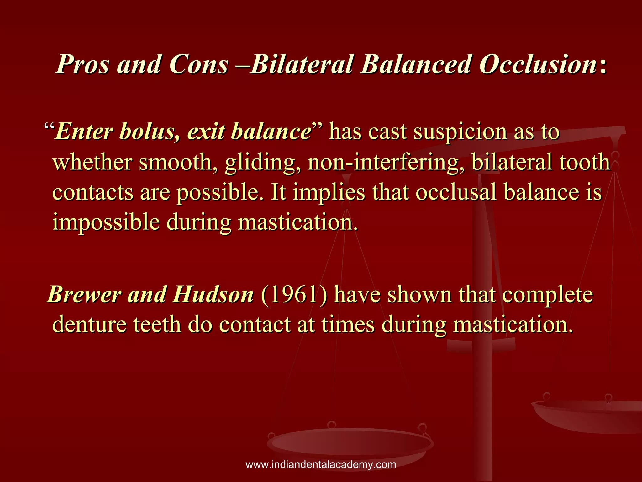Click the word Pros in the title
pyautogui.click(x=82, y=64)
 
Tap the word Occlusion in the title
pyautogui.click(x=538, y=64)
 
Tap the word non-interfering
pyautogui.click(x=386, y=163)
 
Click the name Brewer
pyautogui.click(x=84, y=295)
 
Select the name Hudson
pyautogui.click(x=213, y=295)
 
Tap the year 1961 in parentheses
pyautogui.click(x=294, y=295)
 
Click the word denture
pyautogui.click(x=89, y=324)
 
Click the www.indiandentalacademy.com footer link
pyautogui.click(x=321, y=464)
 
